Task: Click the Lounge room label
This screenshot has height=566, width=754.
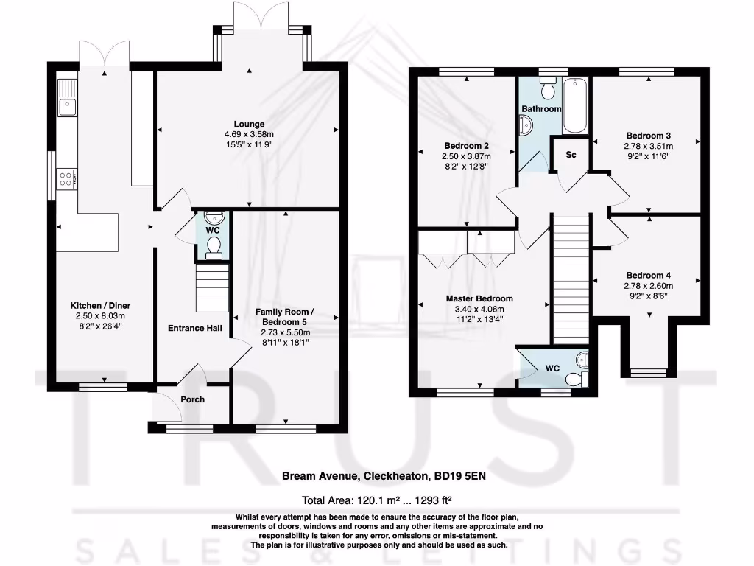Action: pyautogui.click(x=249, y=124)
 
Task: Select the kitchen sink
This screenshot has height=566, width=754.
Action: pyautogui.click(x=67, y=97)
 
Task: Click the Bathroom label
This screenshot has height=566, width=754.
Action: pyautogui.click(x=541, y=109)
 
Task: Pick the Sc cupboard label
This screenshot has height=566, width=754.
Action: pyautogui.click(x=571, y=155)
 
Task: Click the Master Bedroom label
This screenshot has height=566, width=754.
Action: pyautogui.click(x=479, y=298)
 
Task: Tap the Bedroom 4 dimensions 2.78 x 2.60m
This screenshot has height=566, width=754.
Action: pyautogui.click(x=649, y=286)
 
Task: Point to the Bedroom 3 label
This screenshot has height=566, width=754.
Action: pyautogui.click(x=648, y=136)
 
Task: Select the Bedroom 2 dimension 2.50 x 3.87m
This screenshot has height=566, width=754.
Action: pyautogui.click(x=466, y=156)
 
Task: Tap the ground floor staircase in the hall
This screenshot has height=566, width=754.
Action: pyautogui.click(x=209, y=290)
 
